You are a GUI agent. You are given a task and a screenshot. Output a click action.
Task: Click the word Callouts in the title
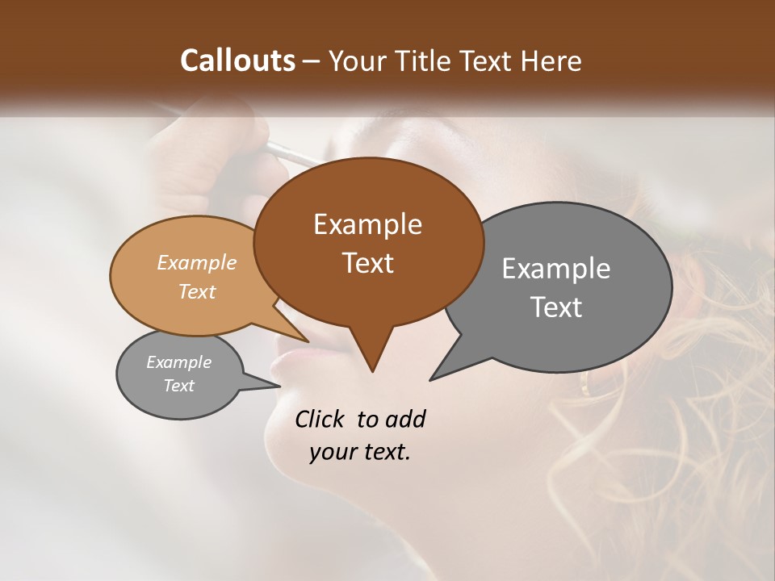237,61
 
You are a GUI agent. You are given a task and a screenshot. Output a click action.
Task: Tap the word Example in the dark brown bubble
367,224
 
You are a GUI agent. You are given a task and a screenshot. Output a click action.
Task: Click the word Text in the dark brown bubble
367,263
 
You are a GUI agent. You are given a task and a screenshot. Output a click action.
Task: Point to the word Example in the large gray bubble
556,269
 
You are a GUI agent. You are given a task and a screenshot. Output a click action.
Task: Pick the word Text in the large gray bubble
556,307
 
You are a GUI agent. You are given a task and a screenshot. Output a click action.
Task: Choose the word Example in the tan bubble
196,262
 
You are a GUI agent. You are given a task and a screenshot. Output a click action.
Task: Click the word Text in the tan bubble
196,291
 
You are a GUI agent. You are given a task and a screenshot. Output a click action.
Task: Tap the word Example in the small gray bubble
178,362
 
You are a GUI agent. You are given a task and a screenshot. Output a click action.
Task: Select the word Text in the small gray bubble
178,386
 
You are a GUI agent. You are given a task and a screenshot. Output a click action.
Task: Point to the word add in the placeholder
405,419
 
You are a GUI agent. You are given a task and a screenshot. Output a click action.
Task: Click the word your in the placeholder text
331,452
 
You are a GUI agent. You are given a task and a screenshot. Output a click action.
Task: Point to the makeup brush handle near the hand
291,153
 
